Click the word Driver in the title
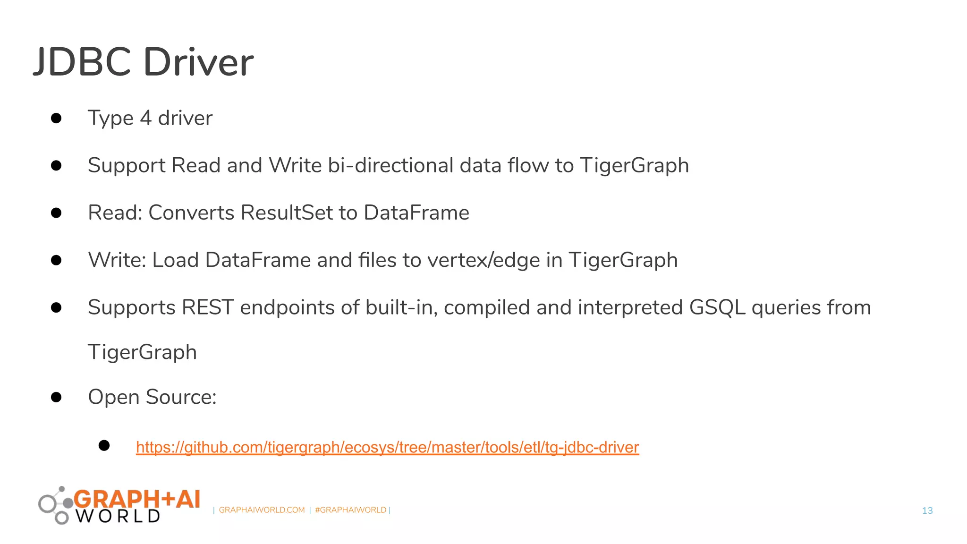point(198,62)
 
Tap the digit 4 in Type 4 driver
point(145,118)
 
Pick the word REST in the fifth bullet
point(208,307)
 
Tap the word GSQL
point(717,307)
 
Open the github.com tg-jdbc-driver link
point(387,447)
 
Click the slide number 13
point(927,510)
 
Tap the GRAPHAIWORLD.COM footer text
point(262,510)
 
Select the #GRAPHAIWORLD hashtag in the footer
point(350,510)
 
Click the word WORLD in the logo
point(118,516)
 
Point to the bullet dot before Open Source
point(56,397)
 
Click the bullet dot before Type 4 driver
point(56,118)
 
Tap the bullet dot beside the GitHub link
point(104,445)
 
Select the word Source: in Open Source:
point(181,397)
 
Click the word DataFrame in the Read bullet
point(416,212)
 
